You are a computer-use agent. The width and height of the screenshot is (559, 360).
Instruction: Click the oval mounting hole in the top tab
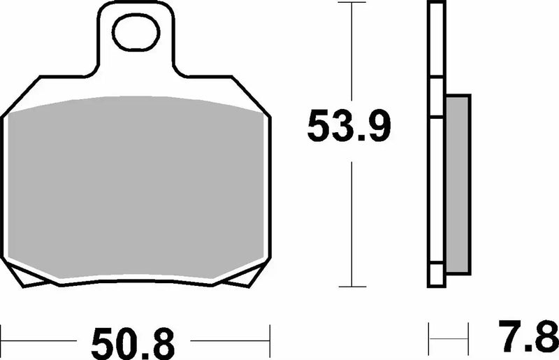click(137, 35)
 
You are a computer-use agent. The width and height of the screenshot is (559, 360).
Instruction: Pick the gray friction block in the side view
click(457, 185)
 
